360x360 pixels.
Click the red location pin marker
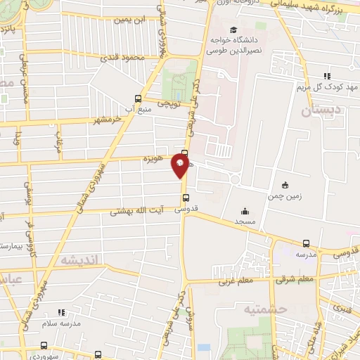pos(181,166)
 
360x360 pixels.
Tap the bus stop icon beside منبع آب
pos(137,98)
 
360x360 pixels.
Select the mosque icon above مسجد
pos(245,211)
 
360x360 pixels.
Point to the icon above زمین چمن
pos(284,185)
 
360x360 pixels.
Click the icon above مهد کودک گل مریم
pos(327,76)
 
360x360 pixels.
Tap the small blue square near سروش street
pos(203,347)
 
